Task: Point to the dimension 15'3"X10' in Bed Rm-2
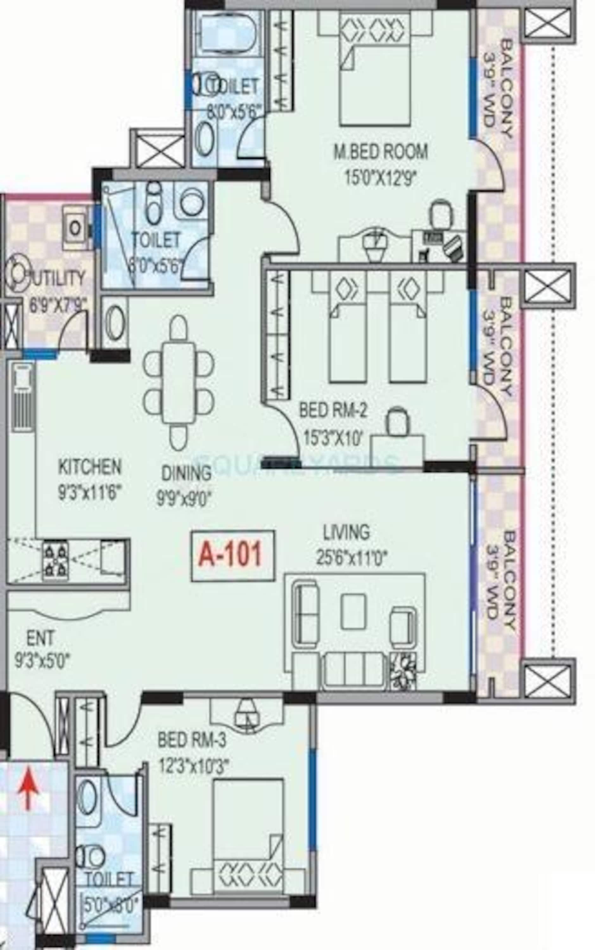332,438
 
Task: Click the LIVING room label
346,532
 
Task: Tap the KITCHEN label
90,467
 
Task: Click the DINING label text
186,473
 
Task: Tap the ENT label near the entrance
40,638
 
